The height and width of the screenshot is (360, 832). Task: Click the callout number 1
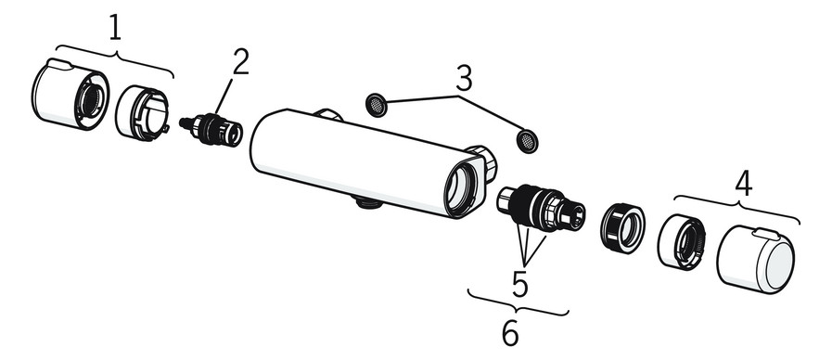[114, 27]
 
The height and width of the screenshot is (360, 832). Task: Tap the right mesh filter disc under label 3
[527, 141]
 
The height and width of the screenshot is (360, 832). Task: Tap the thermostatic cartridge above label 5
[543, 208]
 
